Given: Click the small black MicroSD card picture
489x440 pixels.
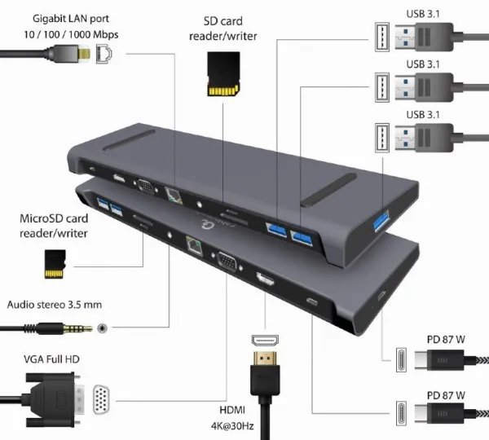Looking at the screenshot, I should pyautogui.click(x=55, y=262).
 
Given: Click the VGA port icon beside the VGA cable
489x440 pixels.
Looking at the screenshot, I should pyautogui.click(x=104, y=401).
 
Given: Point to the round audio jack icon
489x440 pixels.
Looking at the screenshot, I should pyautogui.click(x=104, y=328).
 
